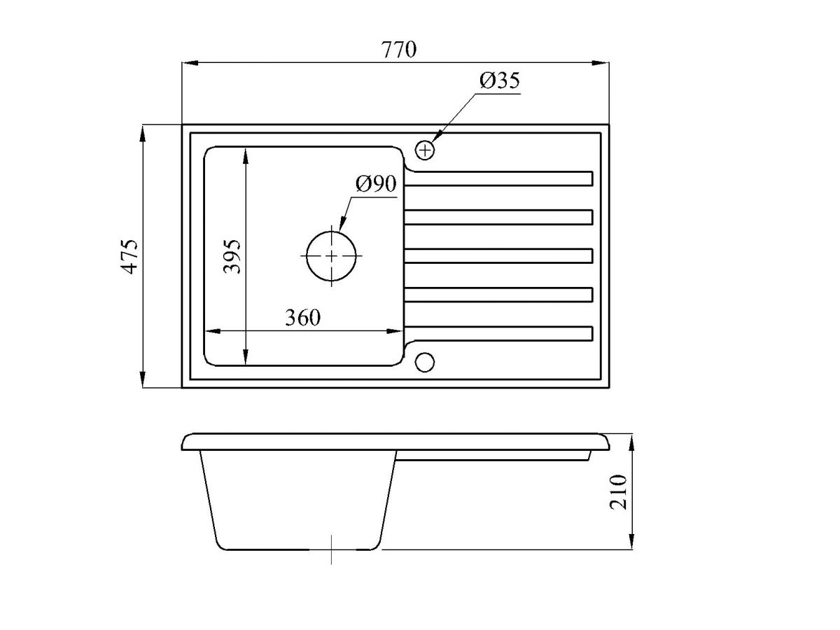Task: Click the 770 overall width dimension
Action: [x=398, y=49]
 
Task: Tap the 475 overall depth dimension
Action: [x=129, y=257]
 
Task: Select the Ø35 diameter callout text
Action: [x=499, y=80]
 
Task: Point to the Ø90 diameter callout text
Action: [x=376, y=183]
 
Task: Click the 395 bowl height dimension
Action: [x=232, y=256]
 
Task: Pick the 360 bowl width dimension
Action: [x=302, y=318]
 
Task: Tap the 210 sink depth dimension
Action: [x=617, y=492]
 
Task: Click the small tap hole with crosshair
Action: [x=425, y=150]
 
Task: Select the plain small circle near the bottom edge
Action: [x=425, y=362]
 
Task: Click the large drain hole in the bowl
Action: [x=331, y=256]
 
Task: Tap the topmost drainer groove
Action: [x=498, y=178]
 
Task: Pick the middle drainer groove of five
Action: [x=498, y=256]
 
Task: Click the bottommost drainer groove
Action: [x=498, y=333]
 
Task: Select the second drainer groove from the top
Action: [x=498, y=217]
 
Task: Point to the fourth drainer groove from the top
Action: [x=498, y=295]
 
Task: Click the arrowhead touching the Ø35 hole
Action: [x=437, y=136]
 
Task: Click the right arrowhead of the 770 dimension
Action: [x=601, y=64]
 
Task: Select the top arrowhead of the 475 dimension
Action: [x=142, y=134]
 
